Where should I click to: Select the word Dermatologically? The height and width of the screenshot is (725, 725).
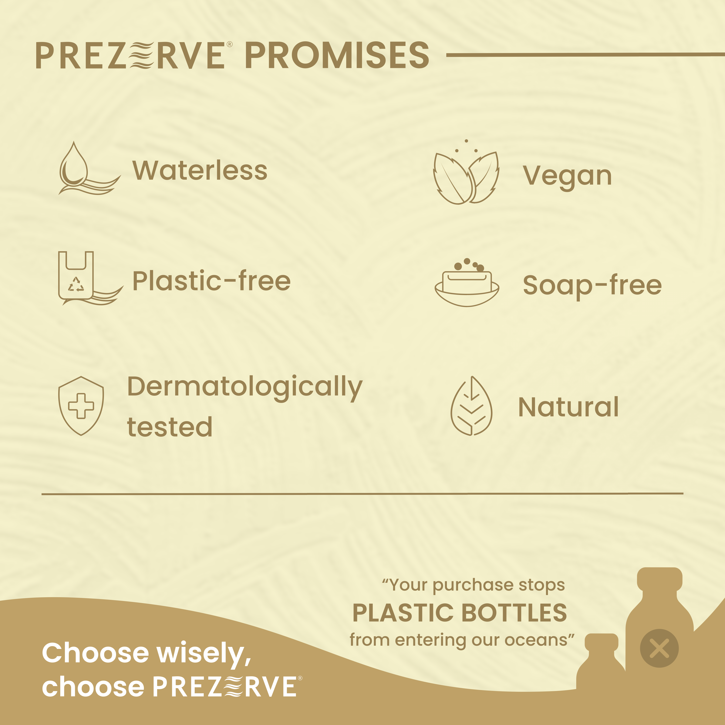tap(245, 387)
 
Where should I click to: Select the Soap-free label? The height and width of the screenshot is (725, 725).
tap(592, 285)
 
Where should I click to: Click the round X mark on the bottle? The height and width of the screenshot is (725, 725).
tap(659, 648)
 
